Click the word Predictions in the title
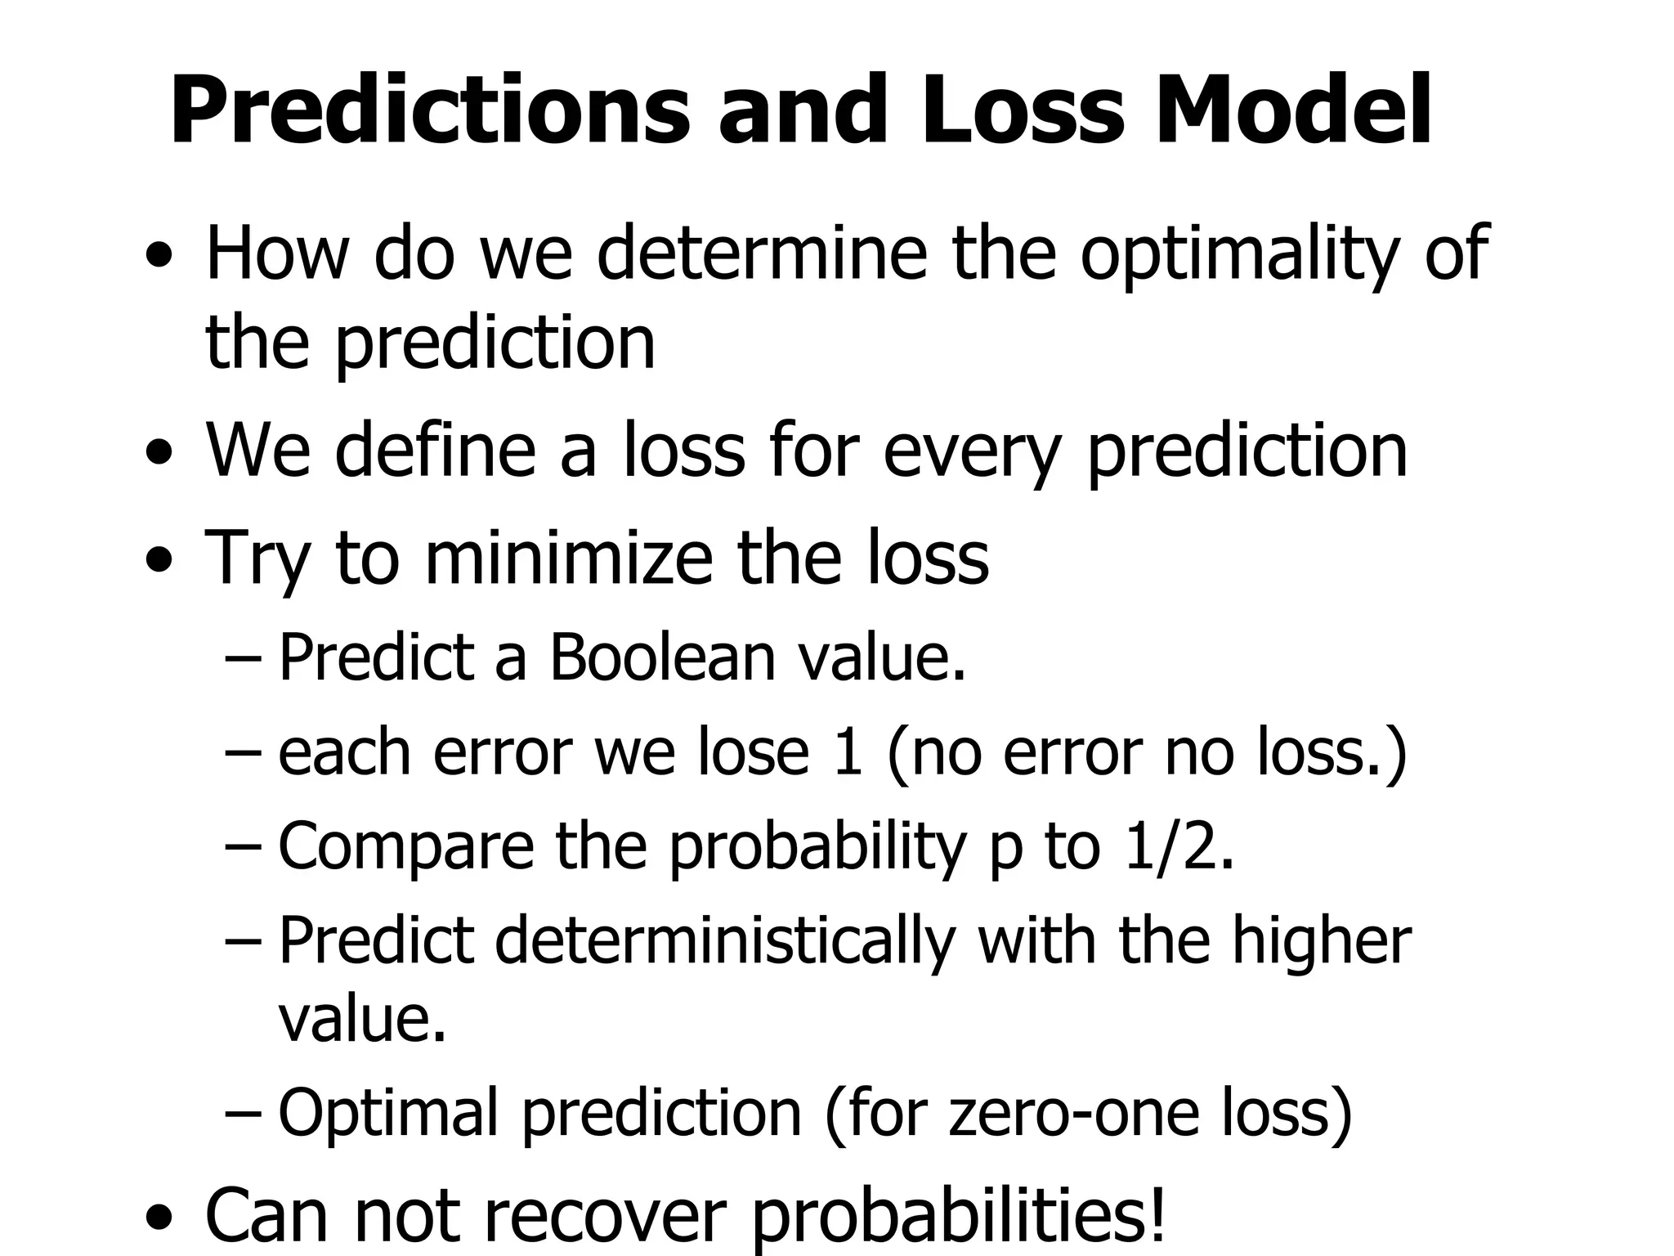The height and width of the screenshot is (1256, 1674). (x=430, y=110)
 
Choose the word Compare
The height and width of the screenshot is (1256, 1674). (x=406, y=847)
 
